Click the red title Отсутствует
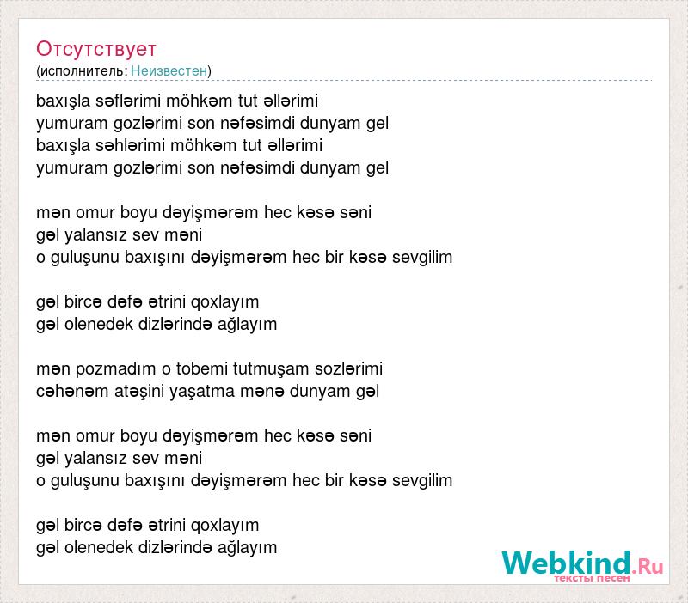pos(96,49)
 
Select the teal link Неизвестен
pos(169,70)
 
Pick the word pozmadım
pos(116,369)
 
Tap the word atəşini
pos(139,392)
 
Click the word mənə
pos(258,392)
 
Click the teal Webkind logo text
pos(567,563)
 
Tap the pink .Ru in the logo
pos(648,566)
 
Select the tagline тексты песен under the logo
pos(592,578)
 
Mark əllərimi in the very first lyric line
pos(291,100)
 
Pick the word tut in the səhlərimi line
pos(252,145)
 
